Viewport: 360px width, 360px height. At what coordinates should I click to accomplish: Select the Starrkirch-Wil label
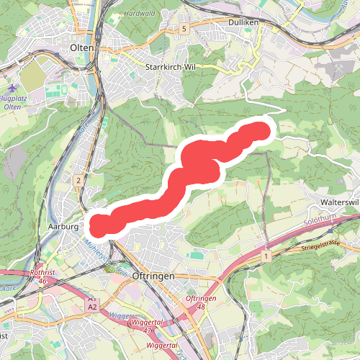coord(171,66)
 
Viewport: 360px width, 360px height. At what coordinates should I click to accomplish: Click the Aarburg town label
coord(62,226)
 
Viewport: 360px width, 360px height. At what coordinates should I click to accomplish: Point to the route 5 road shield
coord(184,28)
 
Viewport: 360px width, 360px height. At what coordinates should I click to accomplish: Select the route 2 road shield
coord(76,180)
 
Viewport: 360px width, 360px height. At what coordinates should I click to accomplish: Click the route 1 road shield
coord(266,256)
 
